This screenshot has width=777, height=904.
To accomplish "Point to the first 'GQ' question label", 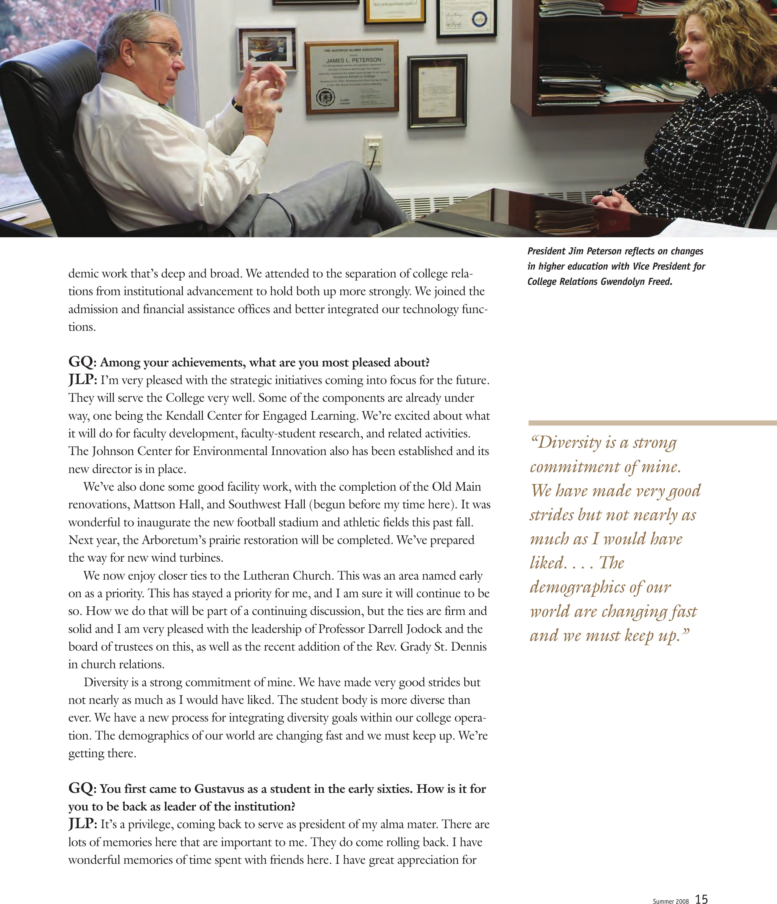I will click(80, 362).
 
